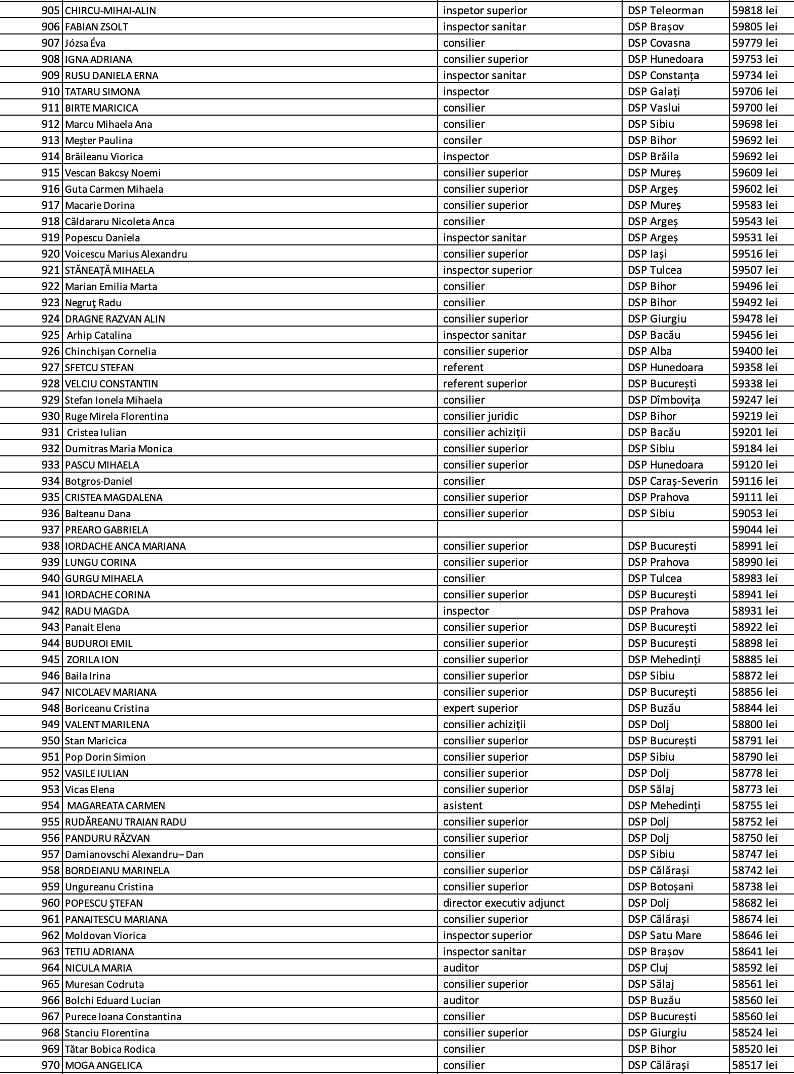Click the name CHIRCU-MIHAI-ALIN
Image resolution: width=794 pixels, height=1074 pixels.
click(111, 11)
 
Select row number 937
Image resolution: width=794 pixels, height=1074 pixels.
click(51, 530)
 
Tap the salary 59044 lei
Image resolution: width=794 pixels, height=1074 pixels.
click(754, 530)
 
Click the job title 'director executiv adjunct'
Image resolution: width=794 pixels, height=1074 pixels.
click(503, 903)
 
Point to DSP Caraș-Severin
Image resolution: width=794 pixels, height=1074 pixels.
click(672, 481)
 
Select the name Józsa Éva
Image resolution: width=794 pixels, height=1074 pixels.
click(85, 43)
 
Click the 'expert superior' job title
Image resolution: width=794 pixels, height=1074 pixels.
click(480, 708)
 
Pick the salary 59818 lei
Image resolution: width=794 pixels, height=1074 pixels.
click(754, 11)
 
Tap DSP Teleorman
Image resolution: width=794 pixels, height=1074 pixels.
click(665, 11)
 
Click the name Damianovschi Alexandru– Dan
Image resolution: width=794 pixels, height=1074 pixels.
click(134, 854)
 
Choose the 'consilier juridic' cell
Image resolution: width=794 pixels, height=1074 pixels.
click(480, 416)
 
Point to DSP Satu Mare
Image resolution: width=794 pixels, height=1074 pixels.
click(664, 936)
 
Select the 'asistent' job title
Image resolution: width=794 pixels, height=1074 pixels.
click(462, 806)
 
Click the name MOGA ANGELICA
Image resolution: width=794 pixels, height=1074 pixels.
click(103, 1065)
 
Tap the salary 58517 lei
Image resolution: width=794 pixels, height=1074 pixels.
click(754, 1065)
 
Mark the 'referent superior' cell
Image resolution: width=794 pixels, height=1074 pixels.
click(485, 384)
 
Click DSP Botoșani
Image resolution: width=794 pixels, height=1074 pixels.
click(660, 887)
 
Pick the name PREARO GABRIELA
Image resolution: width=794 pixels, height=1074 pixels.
click(106, 530)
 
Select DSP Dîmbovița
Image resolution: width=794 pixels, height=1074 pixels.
click(663, 400)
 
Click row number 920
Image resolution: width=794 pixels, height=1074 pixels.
click(51, 254)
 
